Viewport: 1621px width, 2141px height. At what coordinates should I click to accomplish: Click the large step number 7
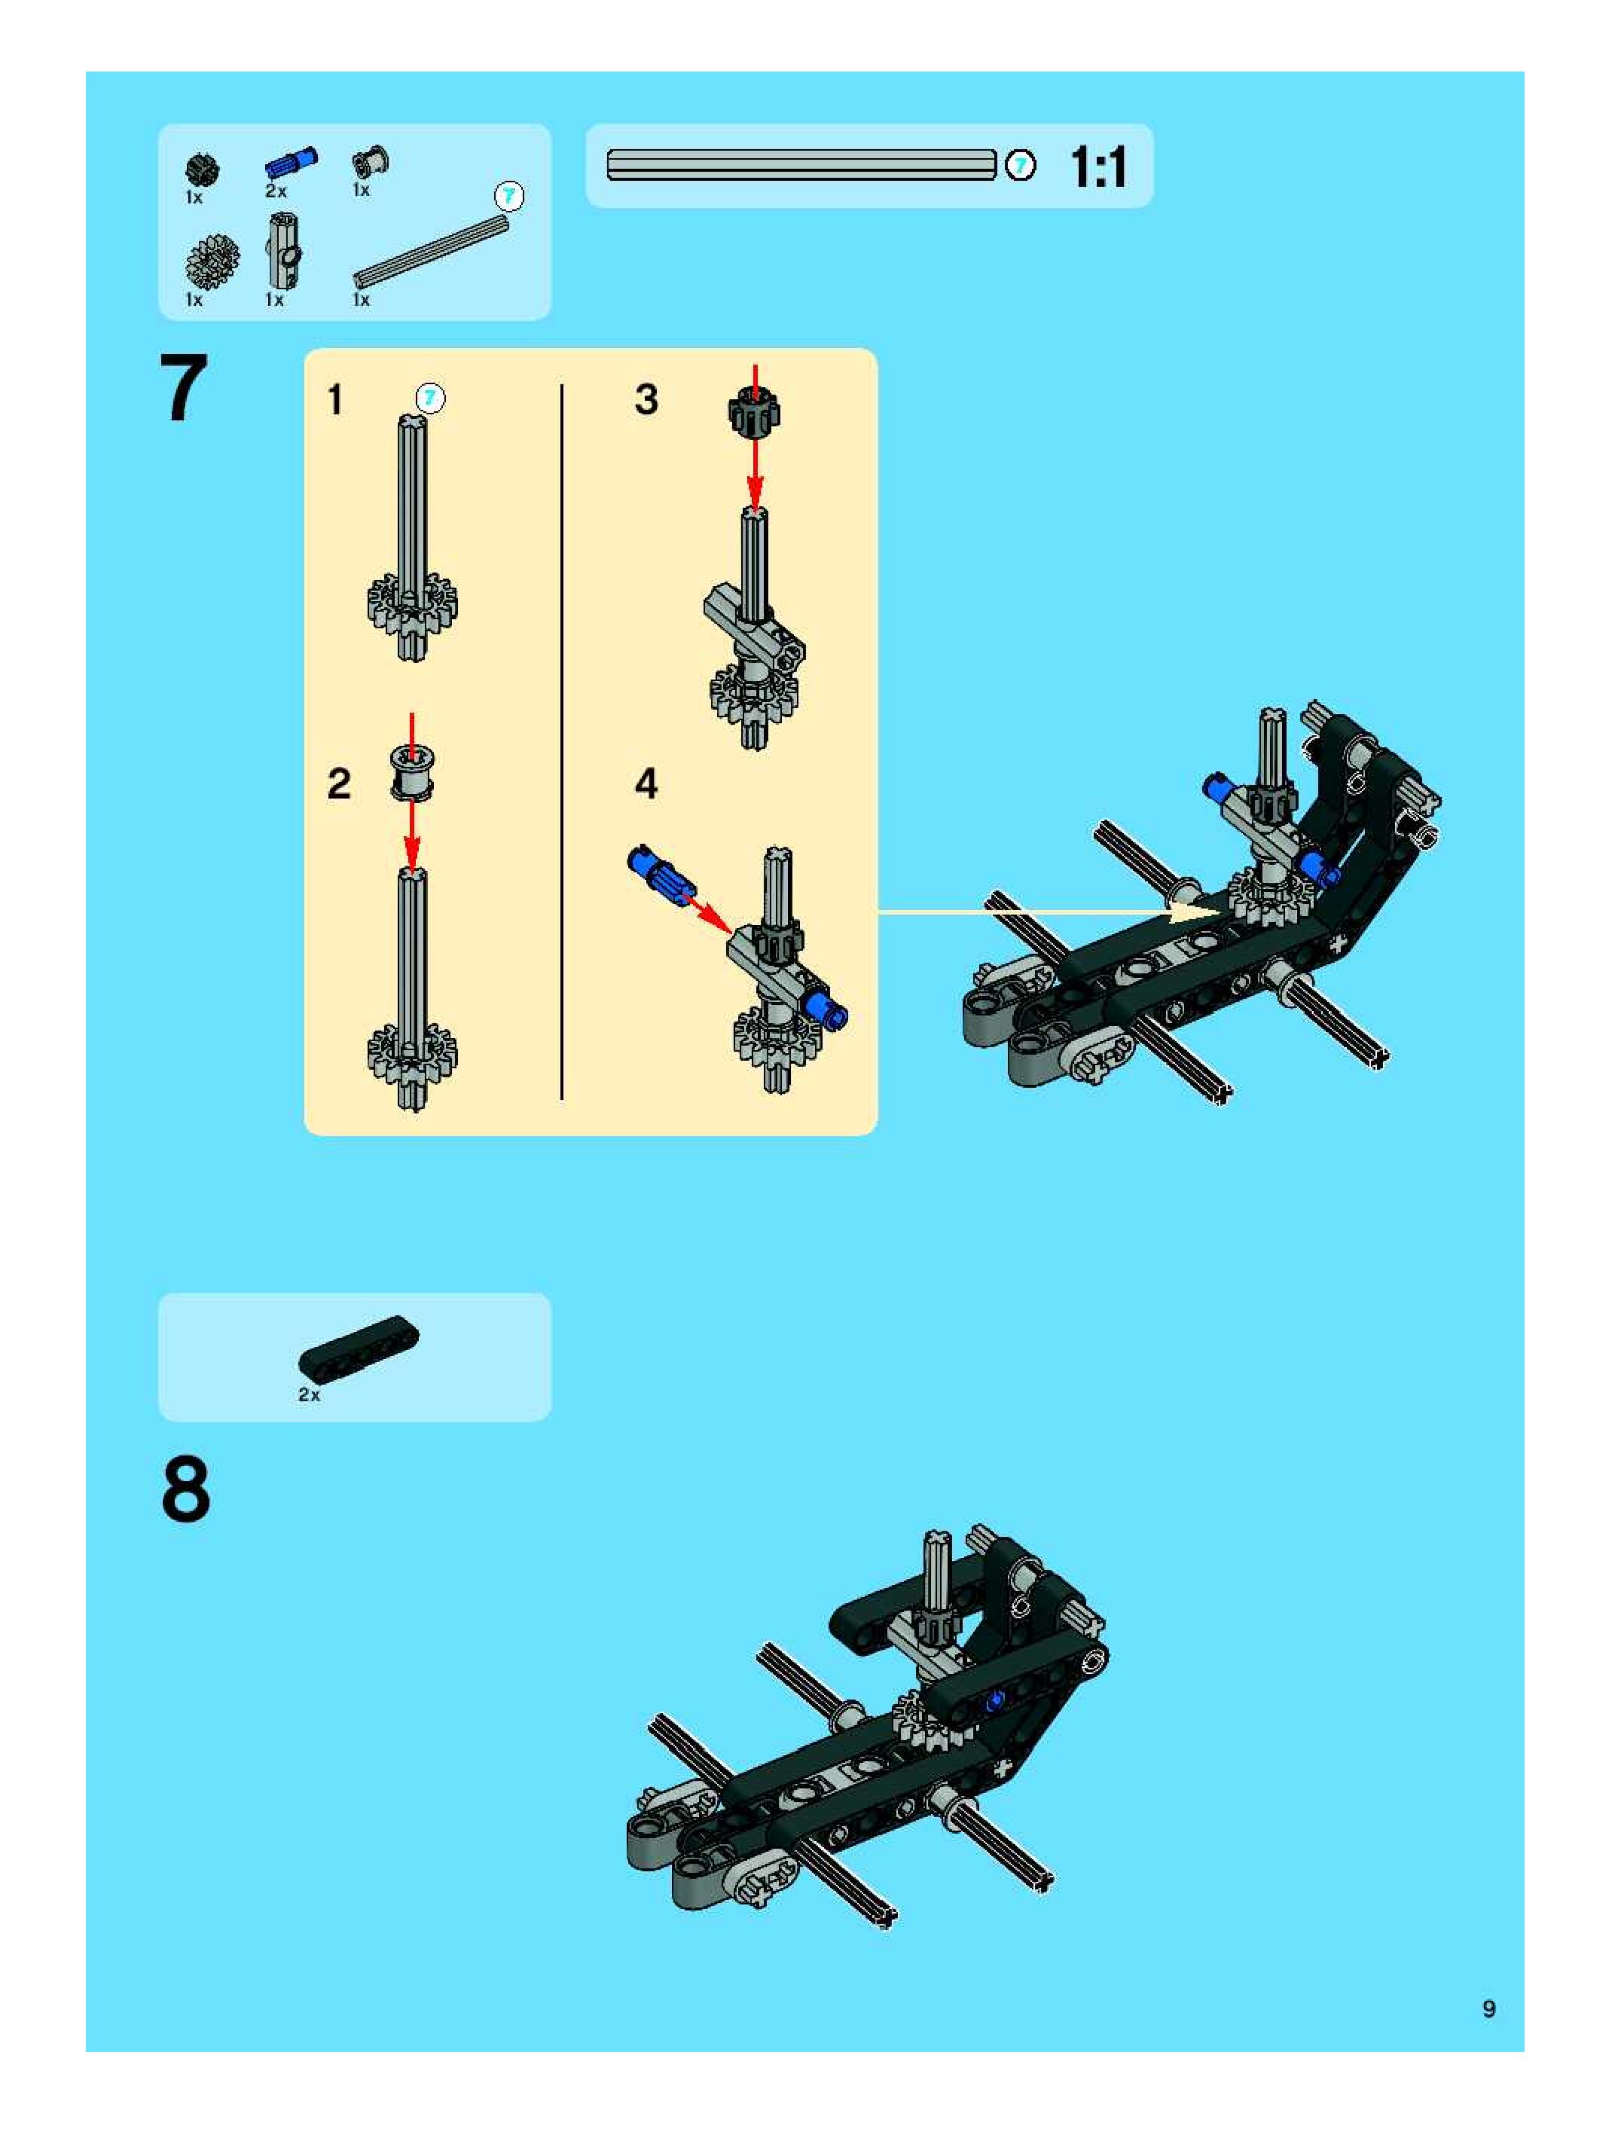(x=184, y=388)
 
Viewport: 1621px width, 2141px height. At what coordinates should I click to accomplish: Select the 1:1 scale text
(x=1098, y=167)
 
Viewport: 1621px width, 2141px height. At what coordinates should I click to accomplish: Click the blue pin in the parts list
(x=292, y=163)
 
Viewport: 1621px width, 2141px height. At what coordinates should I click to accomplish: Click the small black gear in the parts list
(x=203, y=170)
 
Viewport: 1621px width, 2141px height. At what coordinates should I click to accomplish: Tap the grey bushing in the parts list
(x=370, y=162)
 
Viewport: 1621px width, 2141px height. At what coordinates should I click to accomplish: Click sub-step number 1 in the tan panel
(x=335, y=400)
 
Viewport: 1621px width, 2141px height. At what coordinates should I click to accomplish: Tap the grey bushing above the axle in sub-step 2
(x=412, y=772)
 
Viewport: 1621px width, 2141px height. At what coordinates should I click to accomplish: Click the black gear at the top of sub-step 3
(x=754, y=411)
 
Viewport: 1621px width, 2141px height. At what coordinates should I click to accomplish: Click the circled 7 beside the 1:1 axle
(x=1020, y=166)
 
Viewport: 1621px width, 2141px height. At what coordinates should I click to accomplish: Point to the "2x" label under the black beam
(x=309, y=1394)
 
